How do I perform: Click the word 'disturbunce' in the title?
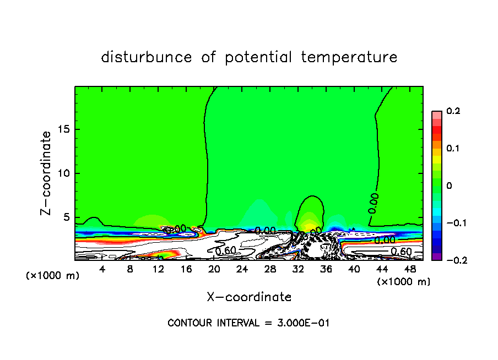click(147, 57)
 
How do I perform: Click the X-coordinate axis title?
click(249, 297)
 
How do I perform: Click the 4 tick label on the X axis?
click(102, 269)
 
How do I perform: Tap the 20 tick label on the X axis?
click(214, 269)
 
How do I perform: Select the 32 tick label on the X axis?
click(297, 269)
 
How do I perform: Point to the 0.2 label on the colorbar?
click(453, 111)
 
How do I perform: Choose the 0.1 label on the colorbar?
click(453, 149)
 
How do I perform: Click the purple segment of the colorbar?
click(436, 256)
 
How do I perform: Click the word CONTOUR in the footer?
click(187, 323)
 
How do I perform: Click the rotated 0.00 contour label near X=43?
click(373, 203)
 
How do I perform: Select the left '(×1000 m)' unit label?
click(53, 276)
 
